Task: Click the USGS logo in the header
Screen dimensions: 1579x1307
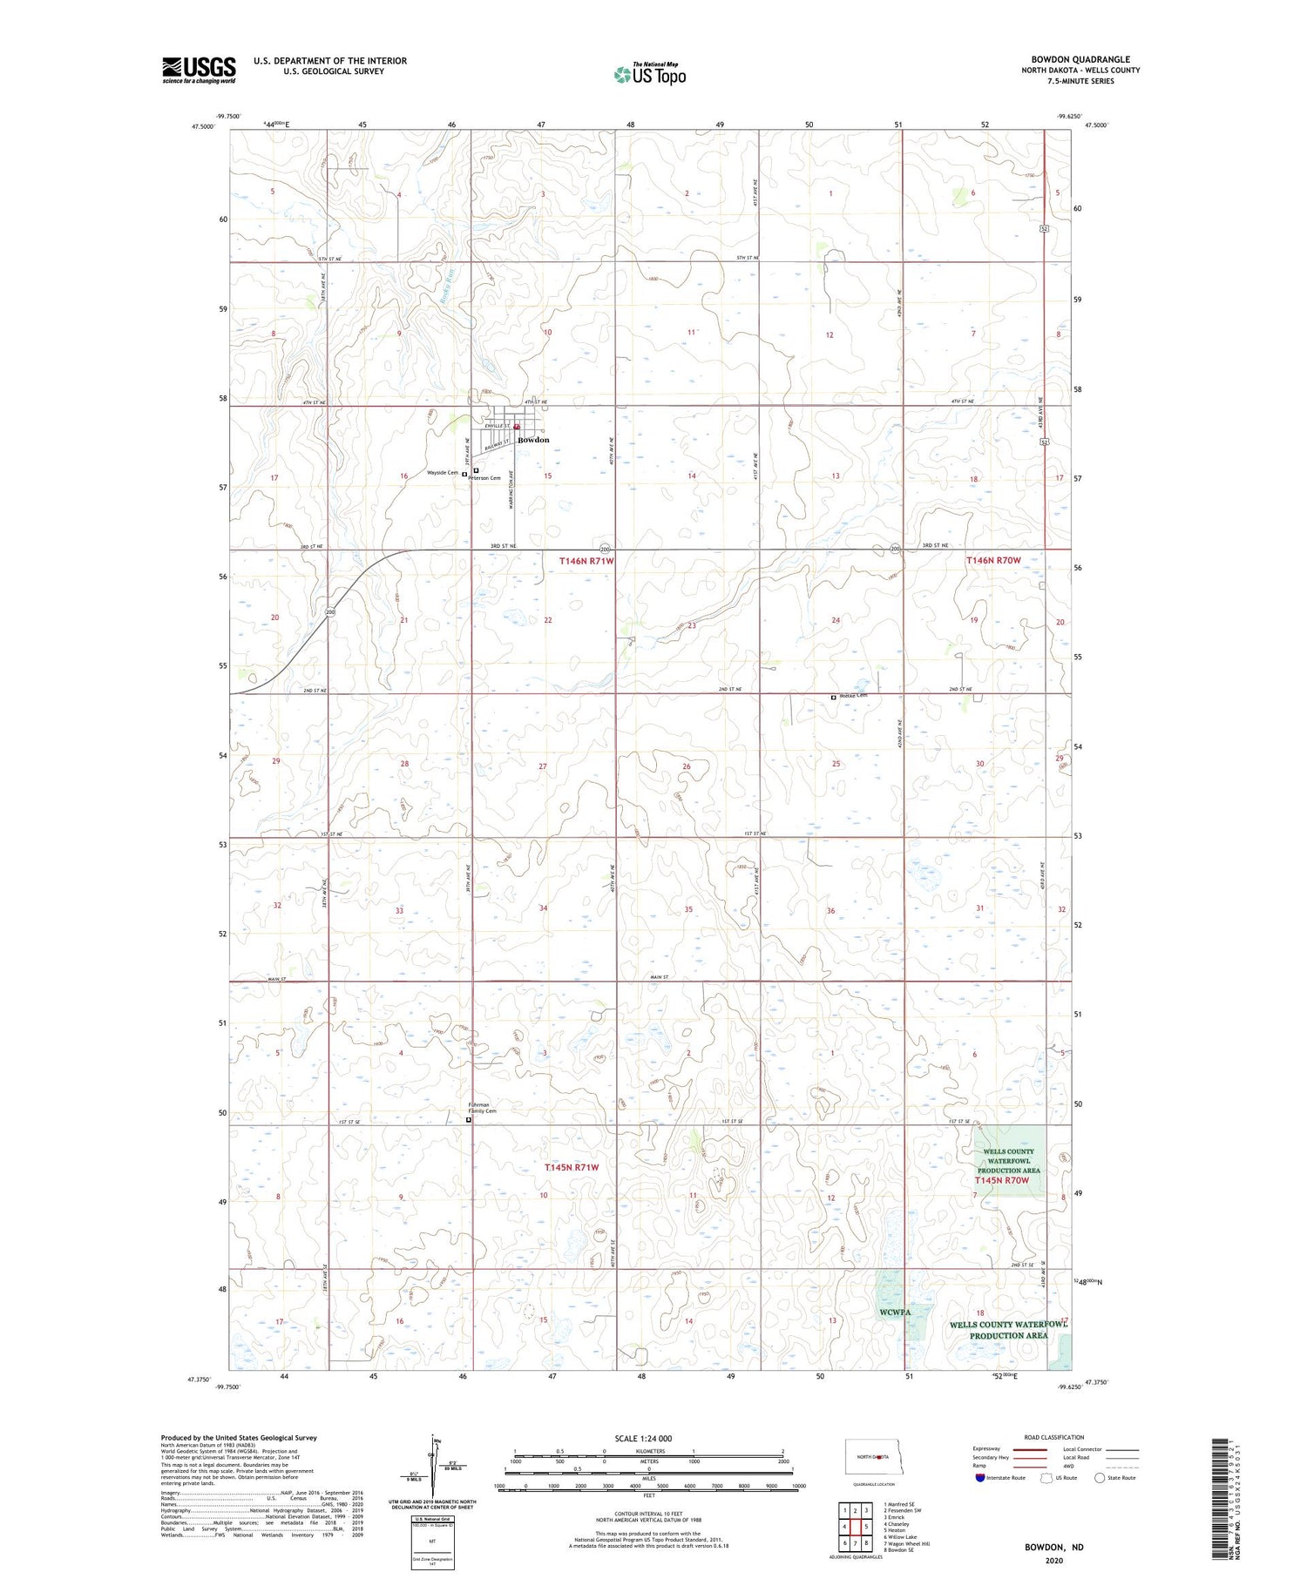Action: coord(199,70)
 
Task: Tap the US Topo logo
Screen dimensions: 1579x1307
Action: coord(649,74)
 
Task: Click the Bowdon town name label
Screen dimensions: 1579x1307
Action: coord(533,440)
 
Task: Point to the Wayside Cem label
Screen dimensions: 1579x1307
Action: coord(442,473)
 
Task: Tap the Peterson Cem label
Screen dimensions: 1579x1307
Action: coord(485,478)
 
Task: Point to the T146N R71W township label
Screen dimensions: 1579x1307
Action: coord(586,561)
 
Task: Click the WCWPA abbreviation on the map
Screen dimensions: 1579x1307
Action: coord(895,1312)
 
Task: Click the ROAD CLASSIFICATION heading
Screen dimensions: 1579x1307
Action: coord(1054,1437)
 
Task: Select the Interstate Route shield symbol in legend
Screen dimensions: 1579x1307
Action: coord(981,1477)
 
